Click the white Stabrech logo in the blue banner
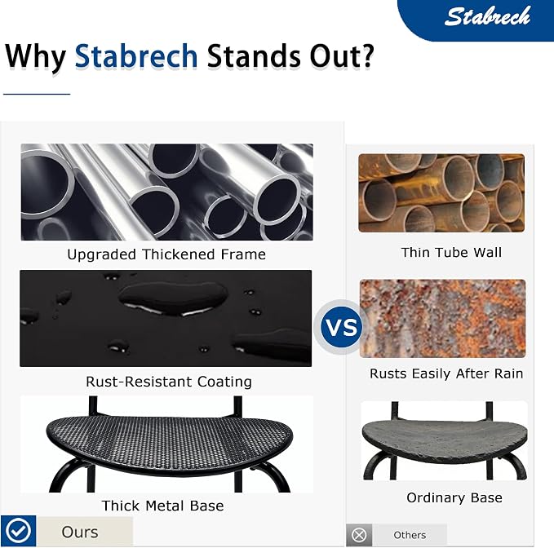pos(487,16)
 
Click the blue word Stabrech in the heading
pos(136,55)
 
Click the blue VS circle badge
pos(341,327)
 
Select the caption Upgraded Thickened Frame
pos(166,254)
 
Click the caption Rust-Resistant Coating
pos(169,382)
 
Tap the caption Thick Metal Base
pos(163,506)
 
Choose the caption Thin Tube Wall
pos(451,253)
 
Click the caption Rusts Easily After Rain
pos(446,373)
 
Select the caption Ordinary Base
pos(454,497)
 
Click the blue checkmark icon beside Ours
pos(18,531)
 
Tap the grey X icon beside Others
pos(359,535)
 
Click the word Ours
pos(80,532)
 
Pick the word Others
pos(410,535)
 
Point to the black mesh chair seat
pos(170,444)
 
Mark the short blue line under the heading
pos(37,94)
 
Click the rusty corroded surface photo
pos(443,319)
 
